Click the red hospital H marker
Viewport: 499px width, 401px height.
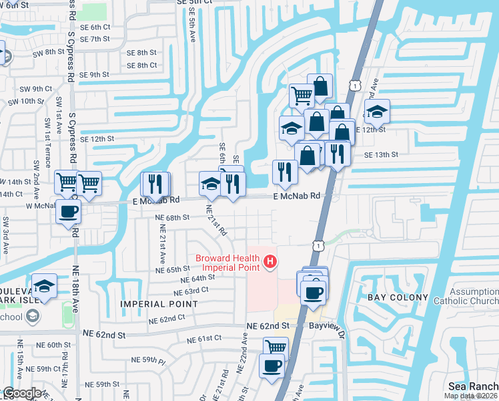click(x=270, y=261)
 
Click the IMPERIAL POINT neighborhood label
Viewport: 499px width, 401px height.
click(x=159, y=303)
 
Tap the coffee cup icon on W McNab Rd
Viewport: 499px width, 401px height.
click(x=69, y=213)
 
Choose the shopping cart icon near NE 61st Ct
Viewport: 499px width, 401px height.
click(x=276, y=347)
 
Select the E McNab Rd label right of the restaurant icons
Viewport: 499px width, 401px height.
click(x=297, y=196)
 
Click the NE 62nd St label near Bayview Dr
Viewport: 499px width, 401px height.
click(x=266, y=325)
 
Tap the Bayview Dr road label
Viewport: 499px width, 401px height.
click(x=326, y=325)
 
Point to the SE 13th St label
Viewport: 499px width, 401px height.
click(x=381, y=154)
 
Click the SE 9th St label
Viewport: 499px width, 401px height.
click(x=94, y=75)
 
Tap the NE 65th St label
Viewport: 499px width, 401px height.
click(x=173, y=269)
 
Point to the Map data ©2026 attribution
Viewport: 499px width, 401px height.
click(x=470, y=396)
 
